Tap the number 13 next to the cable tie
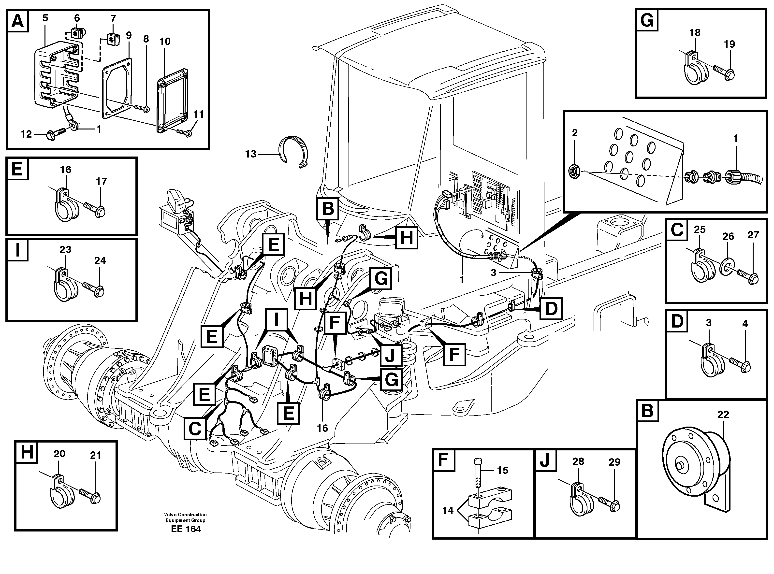[251, 154]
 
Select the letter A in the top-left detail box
[18, 21]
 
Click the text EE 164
[186, 529]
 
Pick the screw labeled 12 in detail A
[55, 135]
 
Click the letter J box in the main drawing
[390, 355]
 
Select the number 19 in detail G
[730, 44]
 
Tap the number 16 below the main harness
[322, 428]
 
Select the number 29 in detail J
[614, 462]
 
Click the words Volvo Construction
[185, 515]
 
